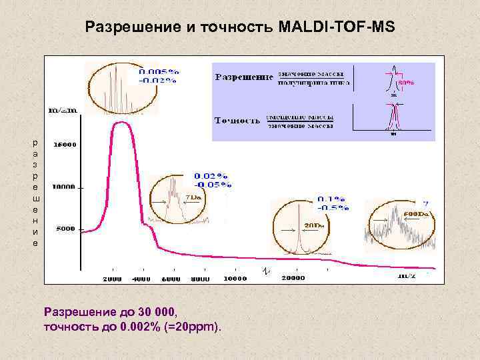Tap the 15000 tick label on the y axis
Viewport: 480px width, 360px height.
point(65,143)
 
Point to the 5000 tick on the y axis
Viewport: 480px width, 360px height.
point(65,229)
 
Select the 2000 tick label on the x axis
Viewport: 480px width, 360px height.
point(112,278)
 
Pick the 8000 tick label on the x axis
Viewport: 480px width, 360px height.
point(200,278)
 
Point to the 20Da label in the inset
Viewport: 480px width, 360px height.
point(314,225)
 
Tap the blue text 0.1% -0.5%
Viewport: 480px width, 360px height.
point(333,203)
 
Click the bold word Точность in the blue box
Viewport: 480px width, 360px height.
point(237,121)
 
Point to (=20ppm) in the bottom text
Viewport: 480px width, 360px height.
point(196,327)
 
